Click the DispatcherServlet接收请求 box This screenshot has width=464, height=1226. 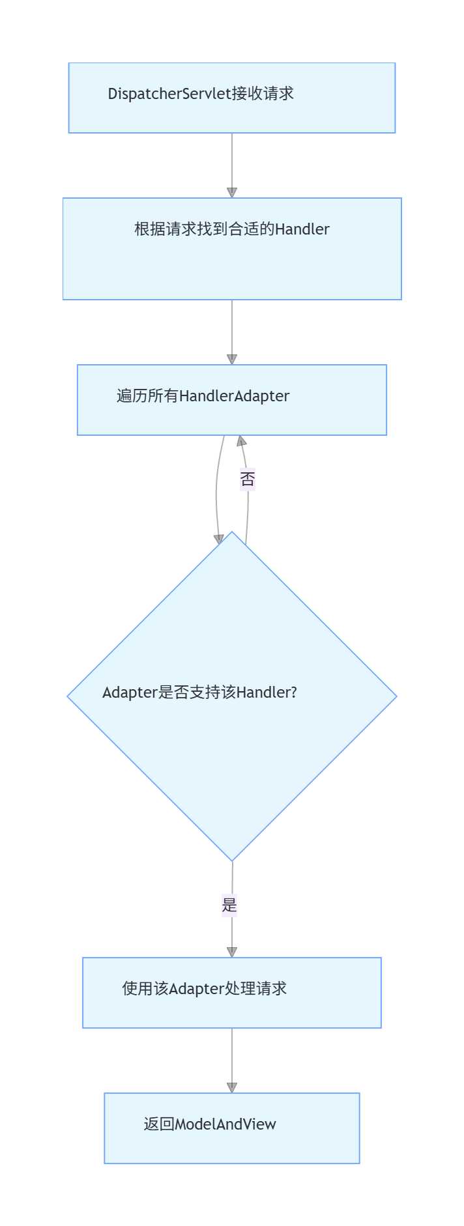232,98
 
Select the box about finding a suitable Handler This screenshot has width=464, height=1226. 232,249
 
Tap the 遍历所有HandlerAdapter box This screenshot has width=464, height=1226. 232,400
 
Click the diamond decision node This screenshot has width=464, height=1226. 232,696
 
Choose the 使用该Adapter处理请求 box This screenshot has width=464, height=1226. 232,993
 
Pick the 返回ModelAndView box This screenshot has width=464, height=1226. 232,1128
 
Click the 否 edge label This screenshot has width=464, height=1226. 248,479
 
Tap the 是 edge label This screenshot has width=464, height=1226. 229,905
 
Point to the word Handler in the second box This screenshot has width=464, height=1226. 302,229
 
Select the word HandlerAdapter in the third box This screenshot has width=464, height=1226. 235,396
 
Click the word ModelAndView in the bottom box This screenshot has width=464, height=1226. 226,1124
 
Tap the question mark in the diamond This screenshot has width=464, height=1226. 293,692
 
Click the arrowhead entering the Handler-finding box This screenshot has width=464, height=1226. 232,193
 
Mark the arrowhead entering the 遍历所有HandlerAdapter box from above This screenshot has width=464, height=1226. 232,360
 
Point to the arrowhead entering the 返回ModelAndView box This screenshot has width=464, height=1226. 232,1088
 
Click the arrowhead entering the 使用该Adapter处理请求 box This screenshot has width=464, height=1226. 232,952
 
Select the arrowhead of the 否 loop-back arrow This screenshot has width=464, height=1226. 242,441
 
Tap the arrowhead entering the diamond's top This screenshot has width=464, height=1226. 219,539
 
